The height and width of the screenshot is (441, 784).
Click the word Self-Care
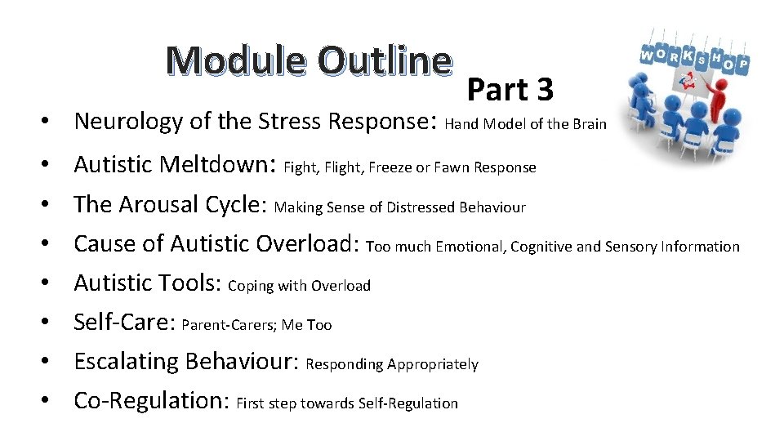pos(122,322)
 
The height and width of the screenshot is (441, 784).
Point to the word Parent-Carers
pos(228,325)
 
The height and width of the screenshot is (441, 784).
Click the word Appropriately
pos(433,364)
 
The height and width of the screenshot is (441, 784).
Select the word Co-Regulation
pos(149,400)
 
